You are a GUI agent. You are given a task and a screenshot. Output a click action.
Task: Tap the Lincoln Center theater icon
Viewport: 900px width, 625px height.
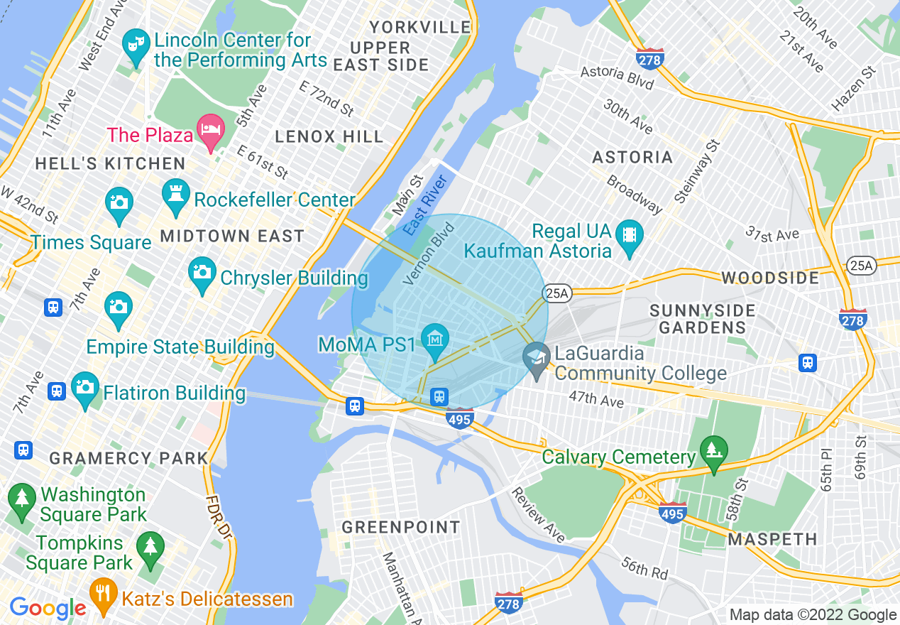pyautogui.click(x=134, y=45)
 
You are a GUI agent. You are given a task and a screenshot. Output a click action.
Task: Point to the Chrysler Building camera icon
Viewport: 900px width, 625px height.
pyautogui.click(x=202, y=273)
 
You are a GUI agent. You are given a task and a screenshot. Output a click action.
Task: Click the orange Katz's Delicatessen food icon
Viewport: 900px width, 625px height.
pyautogui.click(x=104, y=594)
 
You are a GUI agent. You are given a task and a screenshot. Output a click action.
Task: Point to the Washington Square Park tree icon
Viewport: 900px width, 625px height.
pyautogui.click(x=22, y=499)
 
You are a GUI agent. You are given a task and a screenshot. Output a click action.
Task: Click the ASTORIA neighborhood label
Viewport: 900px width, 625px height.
pyautogui.click(x=632, y=157)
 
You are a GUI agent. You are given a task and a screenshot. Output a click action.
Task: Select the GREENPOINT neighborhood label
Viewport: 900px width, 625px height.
pyautogui.click(x=401, y=527)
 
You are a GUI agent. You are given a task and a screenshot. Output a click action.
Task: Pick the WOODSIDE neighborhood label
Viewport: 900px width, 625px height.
pyautogui.click(x=770, y=278)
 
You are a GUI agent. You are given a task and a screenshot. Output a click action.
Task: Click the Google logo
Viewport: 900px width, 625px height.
pyautogui.click(x=48, y=608)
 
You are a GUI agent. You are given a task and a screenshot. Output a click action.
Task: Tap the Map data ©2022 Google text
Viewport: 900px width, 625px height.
pyautogui.click(x=813, y=615)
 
